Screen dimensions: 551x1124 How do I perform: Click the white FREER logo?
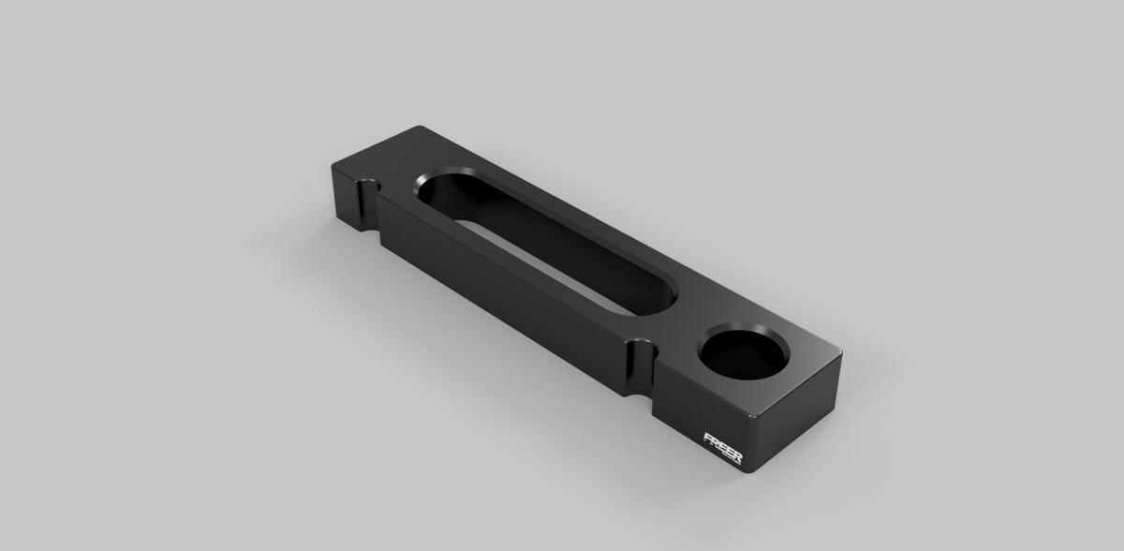(x=723, y=448)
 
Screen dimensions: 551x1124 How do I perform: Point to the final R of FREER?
(x=738, y=458)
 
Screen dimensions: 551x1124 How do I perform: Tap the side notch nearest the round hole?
(x=642, y=371)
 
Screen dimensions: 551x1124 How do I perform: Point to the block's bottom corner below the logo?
(x=749, y=471)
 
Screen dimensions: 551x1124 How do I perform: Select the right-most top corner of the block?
(x=840, y=353)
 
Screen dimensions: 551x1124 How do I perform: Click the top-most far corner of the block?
(x=421, y=128)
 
